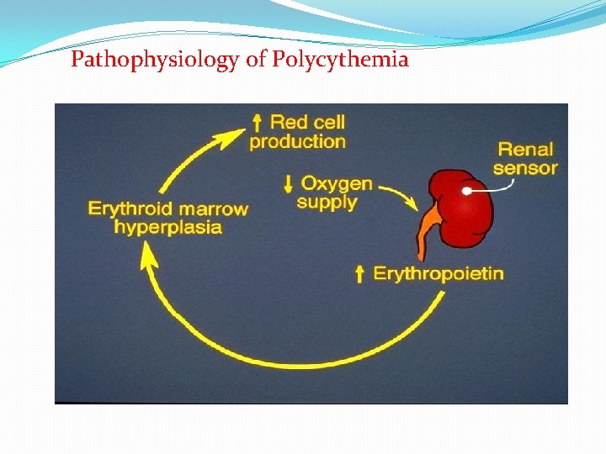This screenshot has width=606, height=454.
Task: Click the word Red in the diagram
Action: pyautogui.click(x=289, y=123)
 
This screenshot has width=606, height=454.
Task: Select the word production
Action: pyautogui.click(x=297, y=141)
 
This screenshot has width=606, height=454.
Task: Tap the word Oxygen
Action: pyautogui.click(x=337, y=183)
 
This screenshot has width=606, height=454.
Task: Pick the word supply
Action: pyautogui.click(x=327, y=202)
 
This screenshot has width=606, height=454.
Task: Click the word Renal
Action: pyautogui.click(x=525, y=150)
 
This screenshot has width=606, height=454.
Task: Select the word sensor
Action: pyautogui.click(x=525, y=168)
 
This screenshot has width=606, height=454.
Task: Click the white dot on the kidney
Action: pyautogui.click(x=466, y=192)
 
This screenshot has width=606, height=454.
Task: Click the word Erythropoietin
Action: pyautogui.click(x=439, y=273)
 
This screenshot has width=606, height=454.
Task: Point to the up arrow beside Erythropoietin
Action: pyautogui.click(x=359, y=273)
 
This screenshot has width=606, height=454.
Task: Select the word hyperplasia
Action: pyautogui.click(x=168, y=227)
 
